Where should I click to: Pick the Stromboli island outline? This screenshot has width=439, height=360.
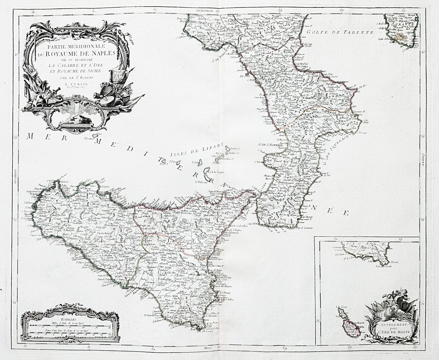coord(227,149)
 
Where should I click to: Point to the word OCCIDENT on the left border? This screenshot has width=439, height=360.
coord(16,176)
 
